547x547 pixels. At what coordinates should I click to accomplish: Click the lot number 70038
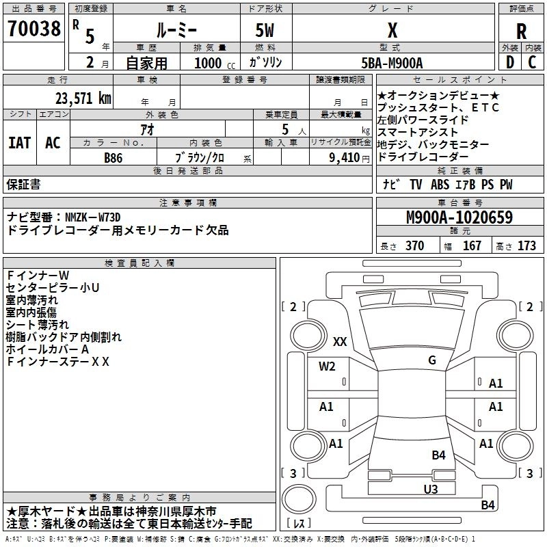(x=34, y=29)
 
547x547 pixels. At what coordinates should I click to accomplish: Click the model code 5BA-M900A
(x=392, y=63)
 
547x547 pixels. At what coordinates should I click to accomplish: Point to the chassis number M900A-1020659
(x=459, y=218)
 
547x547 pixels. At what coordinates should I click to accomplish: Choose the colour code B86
(x=114, y=157)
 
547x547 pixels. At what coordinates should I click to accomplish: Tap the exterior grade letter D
(x=509, y=62)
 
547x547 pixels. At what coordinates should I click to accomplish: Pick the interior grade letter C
(x=533, y=62)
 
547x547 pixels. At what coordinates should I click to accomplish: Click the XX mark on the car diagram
(x=339, y=341)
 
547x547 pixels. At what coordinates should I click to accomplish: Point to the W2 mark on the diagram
(x=327, y=366)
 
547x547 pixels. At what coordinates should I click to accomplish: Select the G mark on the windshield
(x=431, y=360)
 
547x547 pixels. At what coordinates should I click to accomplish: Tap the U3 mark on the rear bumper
(x=430, y=489)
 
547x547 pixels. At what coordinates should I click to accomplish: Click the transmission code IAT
(x=19, y=143)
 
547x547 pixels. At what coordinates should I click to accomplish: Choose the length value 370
(x=414, y=246)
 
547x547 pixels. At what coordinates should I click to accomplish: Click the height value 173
(x=526, y=246)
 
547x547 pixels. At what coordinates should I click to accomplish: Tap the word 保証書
(x=23, y=184)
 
